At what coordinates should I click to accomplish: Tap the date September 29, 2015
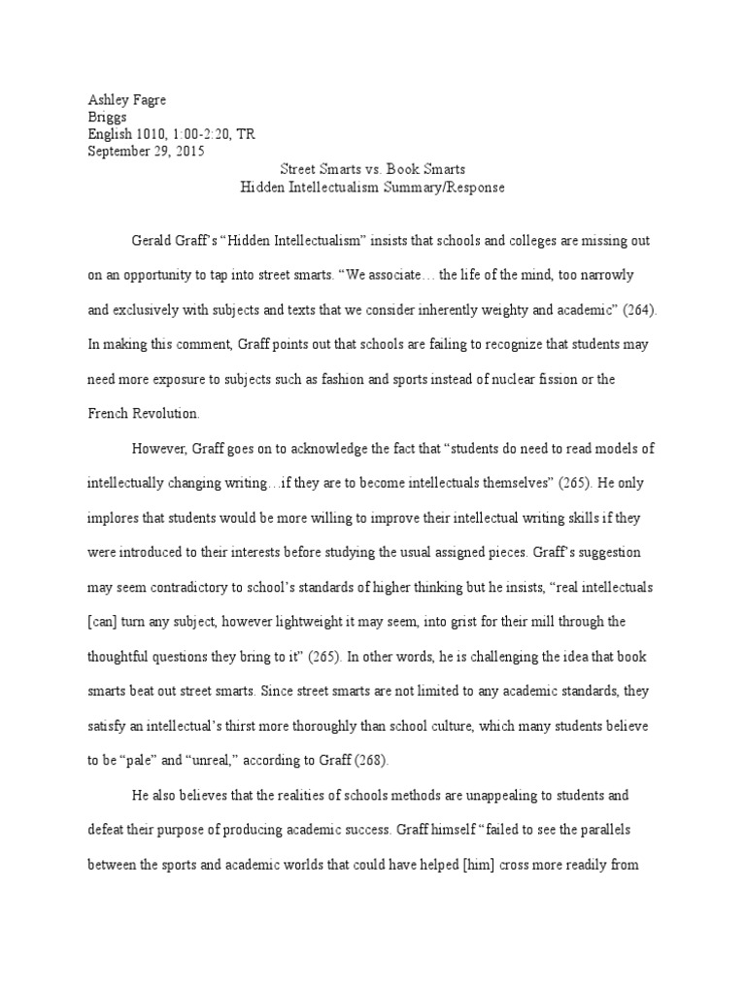click(x=146, y=151)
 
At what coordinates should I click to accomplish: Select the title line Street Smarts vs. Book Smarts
click(x=373, y=169)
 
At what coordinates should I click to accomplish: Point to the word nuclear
click(x=533, y=378)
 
